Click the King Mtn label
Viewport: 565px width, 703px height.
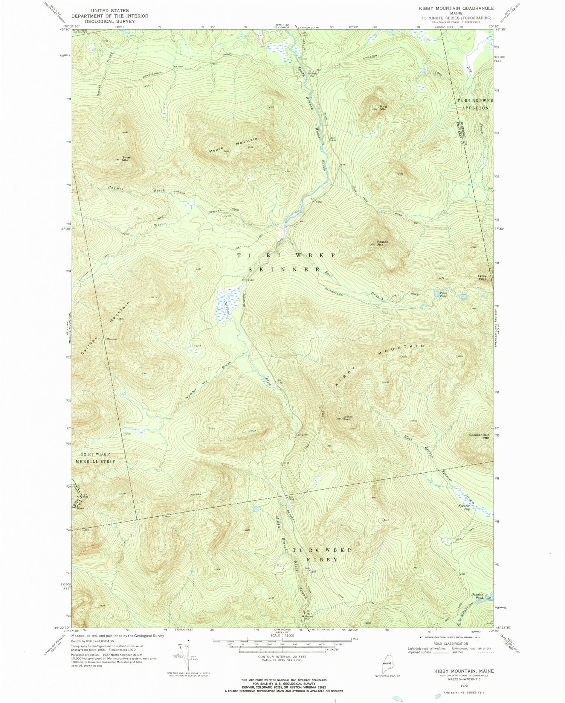click(x=383, y=108)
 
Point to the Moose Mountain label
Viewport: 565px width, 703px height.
click(x=234, y=145)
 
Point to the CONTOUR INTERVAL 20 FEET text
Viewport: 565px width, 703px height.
click(x=282, y=657)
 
